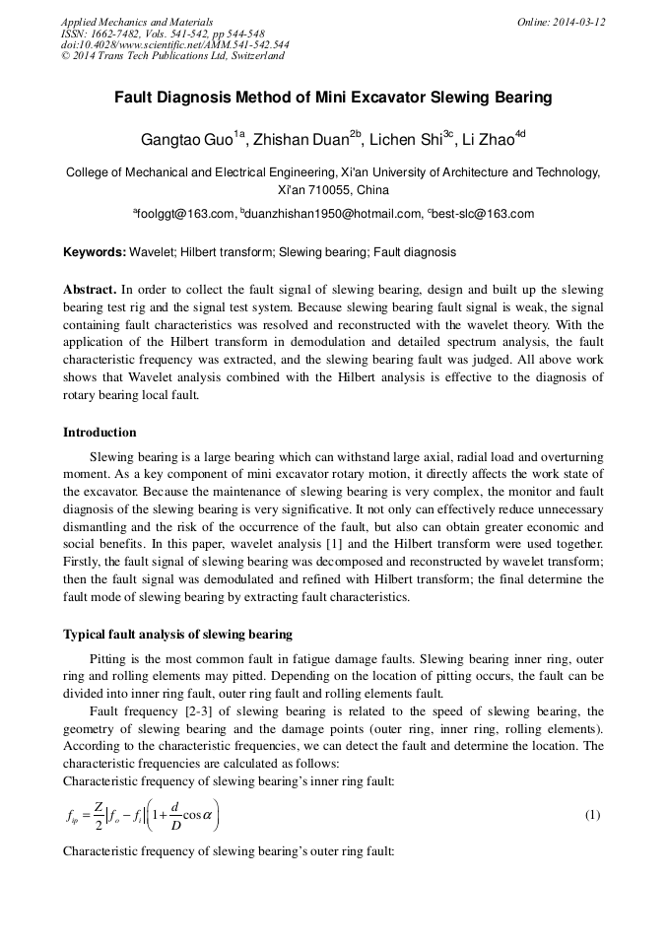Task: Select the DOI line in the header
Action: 174,44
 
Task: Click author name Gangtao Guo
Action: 186,141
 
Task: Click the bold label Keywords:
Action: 94,252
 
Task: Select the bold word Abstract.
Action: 89,291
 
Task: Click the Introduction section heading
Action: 100,432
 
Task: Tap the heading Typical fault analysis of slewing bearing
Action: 177,633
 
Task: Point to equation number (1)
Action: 592,815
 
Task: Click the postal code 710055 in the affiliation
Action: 331,190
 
